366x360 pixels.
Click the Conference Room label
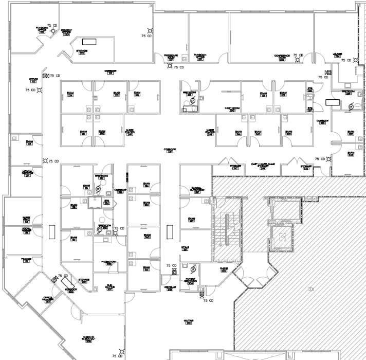(x=282, y=57)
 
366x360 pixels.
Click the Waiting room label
(x=189, y=322)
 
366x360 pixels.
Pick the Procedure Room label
(x=171, y=57)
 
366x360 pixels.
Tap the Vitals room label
(x=185, y=248)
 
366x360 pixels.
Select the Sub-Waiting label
(x=109, y=287)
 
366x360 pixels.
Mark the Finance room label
(x=26, y=261)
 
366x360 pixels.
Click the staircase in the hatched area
(x=227, y=229)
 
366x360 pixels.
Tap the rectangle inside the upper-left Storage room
(x=90, y=41)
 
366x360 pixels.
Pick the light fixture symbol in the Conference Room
(x=297, y=59)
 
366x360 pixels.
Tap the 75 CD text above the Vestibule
(x=171, y=265)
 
